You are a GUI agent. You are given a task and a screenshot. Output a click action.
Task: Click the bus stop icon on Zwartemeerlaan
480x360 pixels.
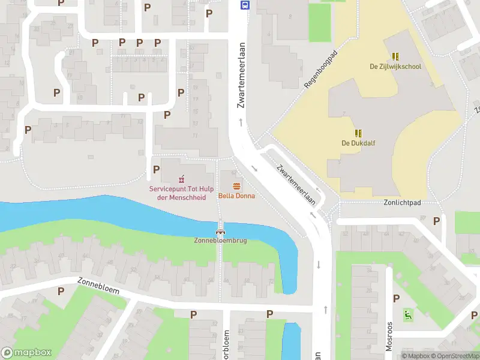pyautogui.click(x=245, y=5)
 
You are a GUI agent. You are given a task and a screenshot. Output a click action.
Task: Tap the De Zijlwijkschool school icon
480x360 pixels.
pyautogui.click(x=395, y=56)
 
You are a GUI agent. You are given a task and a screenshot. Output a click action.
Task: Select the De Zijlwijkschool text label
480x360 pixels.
pyautogui.click(x=395, y=66)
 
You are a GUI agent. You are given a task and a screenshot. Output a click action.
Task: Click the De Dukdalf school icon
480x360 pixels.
pyautogui.click(x=358, y=133)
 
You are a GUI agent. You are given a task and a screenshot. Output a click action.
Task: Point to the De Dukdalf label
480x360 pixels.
pyautogui.click(x=358, y=143)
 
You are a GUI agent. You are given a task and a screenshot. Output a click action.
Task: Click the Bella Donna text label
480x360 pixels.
pyautogui.click(x=236, y=196)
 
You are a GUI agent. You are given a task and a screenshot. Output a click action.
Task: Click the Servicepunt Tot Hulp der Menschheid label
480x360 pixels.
pyautogui.click(x=178, y=193)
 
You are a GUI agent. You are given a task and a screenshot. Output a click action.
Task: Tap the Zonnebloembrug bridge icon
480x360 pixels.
pyautogui.click(x=220, y=231)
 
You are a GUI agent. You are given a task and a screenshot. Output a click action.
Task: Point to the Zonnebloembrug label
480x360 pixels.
pyautogui.click(x=220, y=241)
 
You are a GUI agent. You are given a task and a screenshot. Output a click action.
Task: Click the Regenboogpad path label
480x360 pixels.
pyautogui.click(x=321, y=70)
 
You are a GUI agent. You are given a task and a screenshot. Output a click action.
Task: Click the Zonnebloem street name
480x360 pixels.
pyautogui.click(x=98, y=286)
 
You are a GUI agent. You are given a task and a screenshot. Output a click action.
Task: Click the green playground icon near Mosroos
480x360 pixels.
pyautogui.click(x=407, y=313)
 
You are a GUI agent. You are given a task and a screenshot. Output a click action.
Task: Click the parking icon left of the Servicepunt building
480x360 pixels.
pyautogui.click(x=156, y=170)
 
